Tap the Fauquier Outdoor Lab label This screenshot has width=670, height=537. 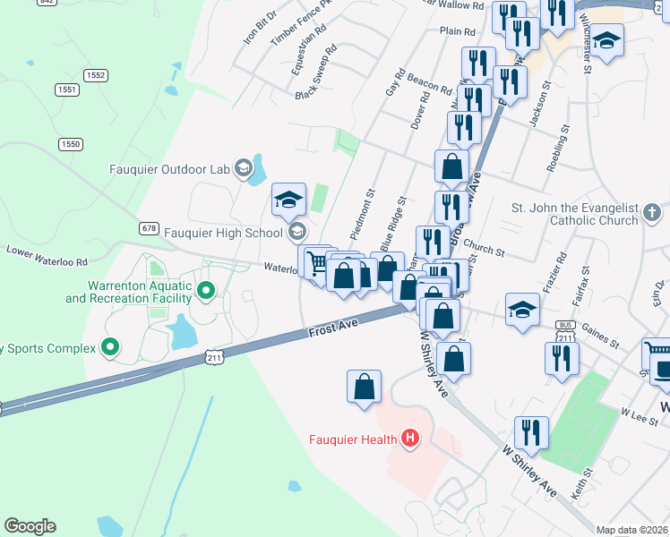[x=169, y=168]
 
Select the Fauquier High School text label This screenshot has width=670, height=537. [x=226, y=233]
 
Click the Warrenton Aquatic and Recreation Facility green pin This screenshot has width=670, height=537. [x=206, y=290]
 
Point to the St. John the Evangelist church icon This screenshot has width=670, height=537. [x=652, y=213]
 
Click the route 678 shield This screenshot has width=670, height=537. [x=149, y=229]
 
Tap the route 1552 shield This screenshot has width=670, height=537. [x=96, y=76]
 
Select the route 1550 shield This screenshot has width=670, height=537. [x=71, y=144]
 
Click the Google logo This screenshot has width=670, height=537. [x=30, y=526]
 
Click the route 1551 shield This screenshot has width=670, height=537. [x=66, y=89]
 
